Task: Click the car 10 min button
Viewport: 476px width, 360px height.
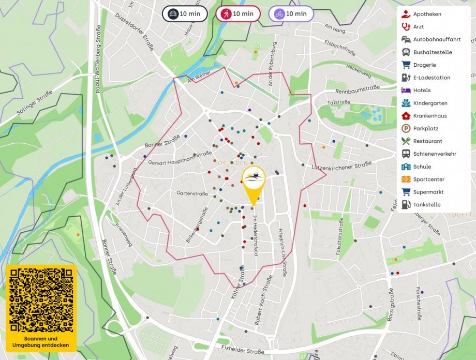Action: (185, 14)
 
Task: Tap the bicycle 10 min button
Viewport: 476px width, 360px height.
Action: (291, 14)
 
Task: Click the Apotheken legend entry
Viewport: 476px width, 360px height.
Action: (427, 14)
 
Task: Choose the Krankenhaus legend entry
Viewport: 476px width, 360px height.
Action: (429, 116)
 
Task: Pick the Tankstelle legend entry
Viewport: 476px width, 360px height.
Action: (427, 205)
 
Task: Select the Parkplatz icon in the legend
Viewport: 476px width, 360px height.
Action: (406, 129)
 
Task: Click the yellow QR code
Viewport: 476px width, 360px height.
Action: (41, 300)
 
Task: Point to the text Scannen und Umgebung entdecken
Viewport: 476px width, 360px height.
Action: (41, 341)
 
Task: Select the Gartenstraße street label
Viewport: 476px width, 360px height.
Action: (192, 193)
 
